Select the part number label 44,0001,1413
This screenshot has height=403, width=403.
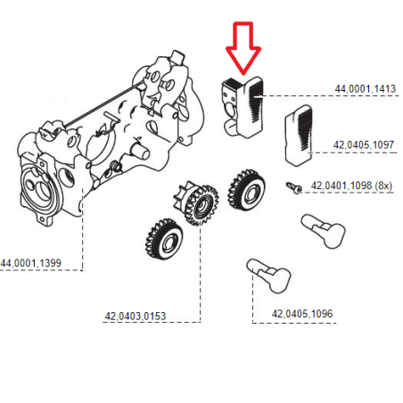pyautogui.click(x=366, y=89)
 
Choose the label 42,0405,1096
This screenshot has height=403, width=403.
pyautogui.click(x=302, y=313)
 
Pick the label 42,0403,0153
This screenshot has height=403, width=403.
pyautogui.click(x=135, y=315)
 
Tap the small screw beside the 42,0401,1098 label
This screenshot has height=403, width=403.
pyautogui.click(x=292, y=187)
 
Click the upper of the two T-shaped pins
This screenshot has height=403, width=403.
pyautogui.click(x=324, y=229)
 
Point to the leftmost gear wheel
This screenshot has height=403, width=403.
pyautogui.click(x=163, y=238)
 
